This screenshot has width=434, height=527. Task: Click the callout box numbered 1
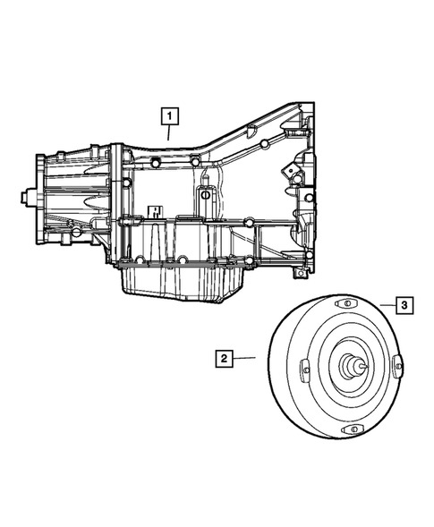168,115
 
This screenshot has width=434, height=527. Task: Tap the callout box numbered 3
404,305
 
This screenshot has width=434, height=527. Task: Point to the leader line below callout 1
168,132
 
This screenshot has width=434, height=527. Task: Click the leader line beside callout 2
244,359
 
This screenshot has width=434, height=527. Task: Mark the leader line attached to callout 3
386,305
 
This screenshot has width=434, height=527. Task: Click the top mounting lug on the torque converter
342,306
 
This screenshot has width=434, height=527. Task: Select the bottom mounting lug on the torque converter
351,432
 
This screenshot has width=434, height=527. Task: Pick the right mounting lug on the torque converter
397,365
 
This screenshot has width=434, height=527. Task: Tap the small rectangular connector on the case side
153,213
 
